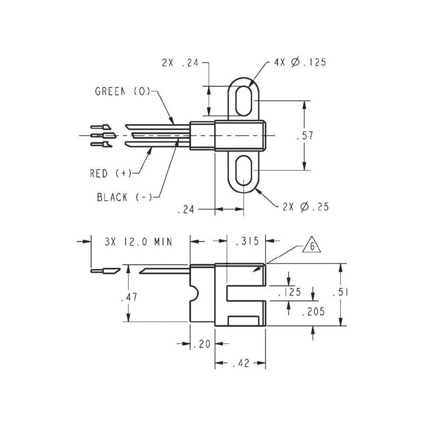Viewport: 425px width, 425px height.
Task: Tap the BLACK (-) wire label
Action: coord(125,197)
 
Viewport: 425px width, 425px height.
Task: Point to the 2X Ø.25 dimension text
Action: coord(305,207)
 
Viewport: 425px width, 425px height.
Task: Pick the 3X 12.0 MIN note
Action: coord(138,242)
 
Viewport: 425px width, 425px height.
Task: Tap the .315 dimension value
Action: coord(246,241)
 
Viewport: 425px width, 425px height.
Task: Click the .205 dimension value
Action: coord(313,312)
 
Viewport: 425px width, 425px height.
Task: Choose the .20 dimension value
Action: coord(202,344)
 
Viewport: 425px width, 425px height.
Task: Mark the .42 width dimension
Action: coord(241,363)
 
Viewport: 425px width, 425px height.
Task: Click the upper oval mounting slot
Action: coord(243,101)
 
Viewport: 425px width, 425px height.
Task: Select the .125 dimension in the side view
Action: coord(289,292)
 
